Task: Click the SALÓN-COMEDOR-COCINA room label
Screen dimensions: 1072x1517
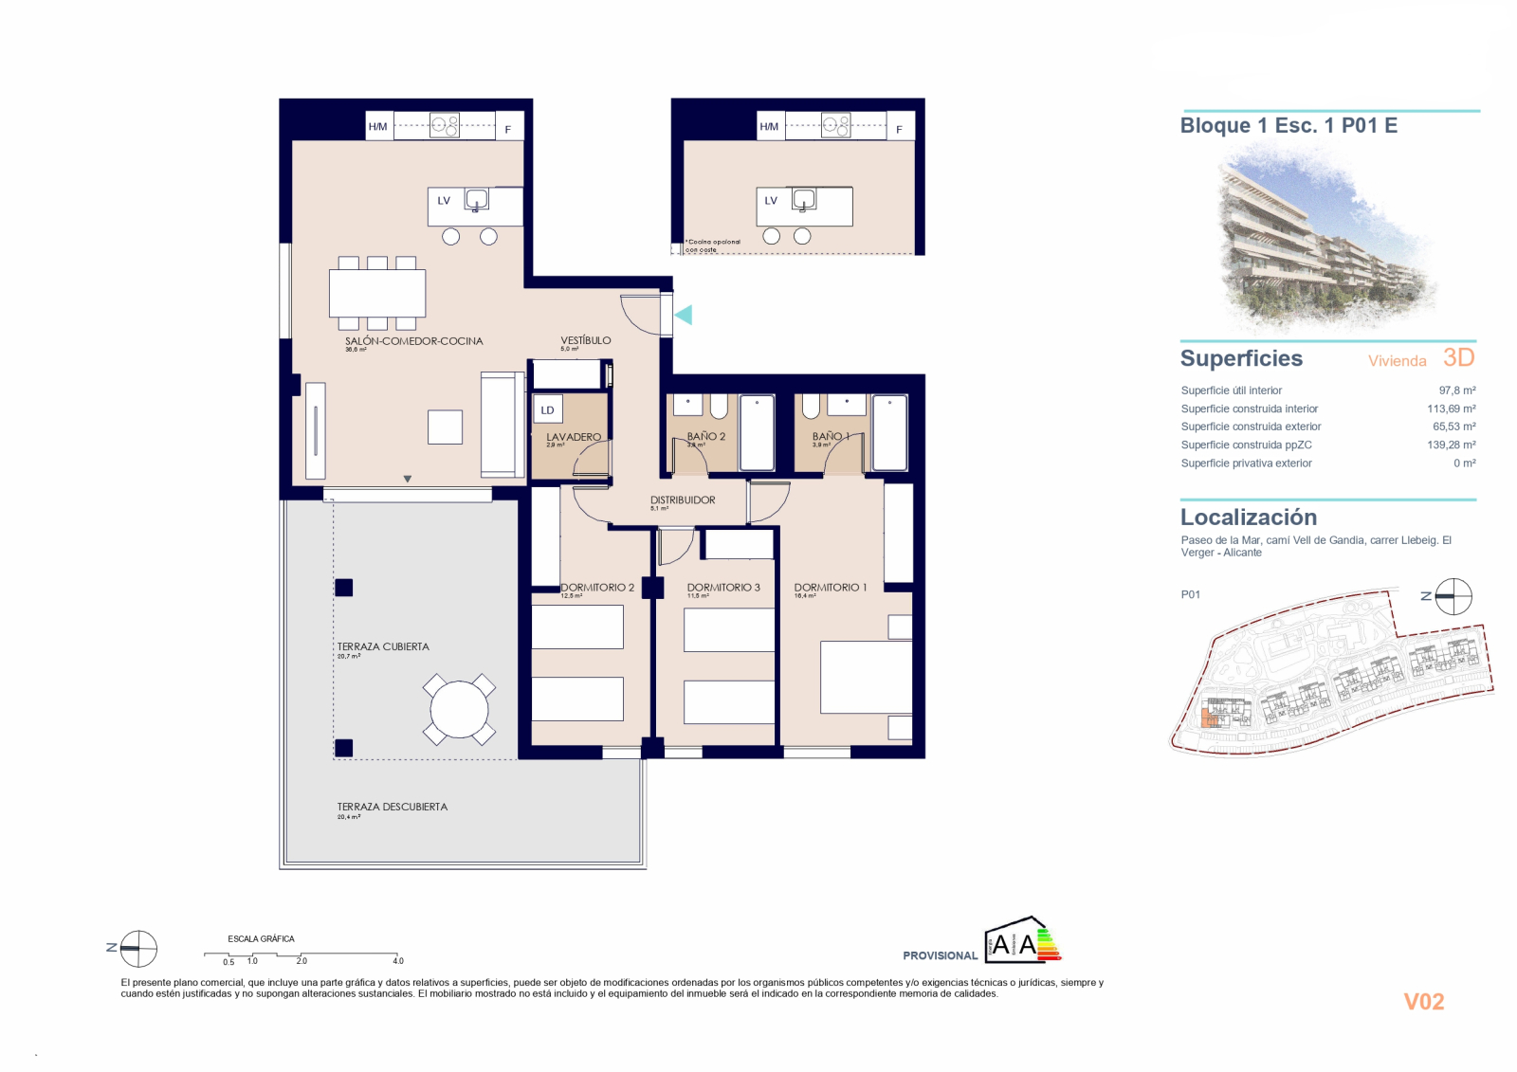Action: pyautogui.click(x=413, y=341)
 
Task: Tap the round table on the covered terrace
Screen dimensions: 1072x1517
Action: pyautogui.click(x=459, y=710)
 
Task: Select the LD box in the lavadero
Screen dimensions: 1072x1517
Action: pyautogui.click(x=547, y=409)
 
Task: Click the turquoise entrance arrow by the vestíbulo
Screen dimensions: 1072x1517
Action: pyautogui.click(x=683, y=315)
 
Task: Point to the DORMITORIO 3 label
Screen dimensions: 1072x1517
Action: pyautogui.click(x=723, y=588)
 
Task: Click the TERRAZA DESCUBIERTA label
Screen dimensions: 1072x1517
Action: pyautogui.click(x=392, y=807)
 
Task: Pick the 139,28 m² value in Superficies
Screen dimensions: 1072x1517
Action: pyautogui.click(x=1451, y=445)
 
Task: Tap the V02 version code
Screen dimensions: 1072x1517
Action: pyautogui.click(x=1423, y=1002)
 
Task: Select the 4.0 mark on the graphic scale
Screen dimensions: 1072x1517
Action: pyautogui.click(x=398, y=960)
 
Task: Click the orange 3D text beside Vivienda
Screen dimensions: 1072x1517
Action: pyautogui.click(x=1458, y=357)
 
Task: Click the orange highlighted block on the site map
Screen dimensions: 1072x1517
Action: pyautogui.click(x=1209, y=717)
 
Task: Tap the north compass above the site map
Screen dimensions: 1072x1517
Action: pyautogui.click(x=1453, y=597)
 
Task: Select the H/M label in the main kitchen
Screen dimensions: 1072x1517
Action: pyautogui.click(x=377, y=126)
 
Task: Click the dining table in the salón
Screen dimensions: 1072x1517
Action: pyautogui.click(x=377, y=293)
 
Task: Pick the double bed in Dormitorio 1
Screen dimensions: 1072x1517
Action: pyautogui.click(x=866, y=677)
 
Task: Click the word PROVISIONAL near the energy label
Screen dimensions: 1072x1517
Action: pyautogui.click(x=940, y=955)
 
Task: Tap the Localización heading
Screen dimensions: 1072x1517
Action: pyautogui.click(x=1248, y=518)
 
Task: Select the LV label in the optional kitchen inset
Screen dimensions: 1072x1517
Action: pyautogui.click(x=771, y=201)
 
